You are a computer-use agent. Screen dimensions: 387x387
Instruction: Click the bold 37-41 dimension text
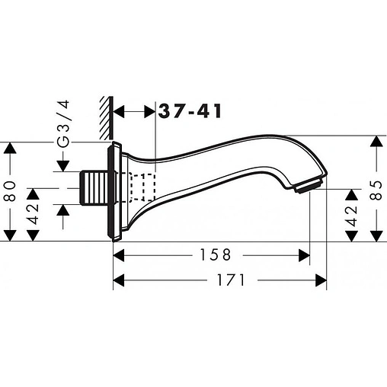[x=190, y=111]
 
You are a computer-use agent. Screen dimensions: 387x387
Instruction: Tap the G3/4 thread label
[x=63, y=123]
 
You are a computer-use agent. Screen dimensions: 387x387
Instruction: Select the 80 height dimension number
[x=11, y=191]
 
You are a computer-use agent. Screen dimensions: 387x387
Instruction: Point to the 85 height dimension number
[x=376, y=190]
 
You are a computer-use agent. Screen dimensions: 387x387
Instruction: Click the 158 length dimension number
[x=216, y=254]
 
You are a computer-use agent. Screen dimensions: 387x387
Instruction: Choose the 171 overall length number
[x=231, y=280]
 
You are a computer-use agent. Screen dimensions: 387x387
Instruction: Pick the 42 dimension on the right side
[x=352, y=216]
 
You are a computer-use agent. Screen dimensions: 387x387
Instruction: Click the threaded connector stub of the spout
[x=94, y=188]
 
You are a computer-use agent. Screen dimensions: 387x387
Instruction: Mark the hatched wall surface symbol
[x=107, y=118]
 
